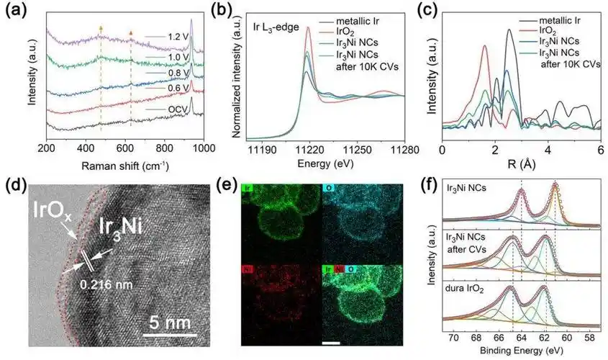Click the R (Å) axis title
pyautogui.click(x=521, y=164)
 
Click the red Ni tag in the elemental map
pyautogui.click(x=247, y=269)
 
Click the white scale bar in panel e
pyautogui.click(x=330, y=342)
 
